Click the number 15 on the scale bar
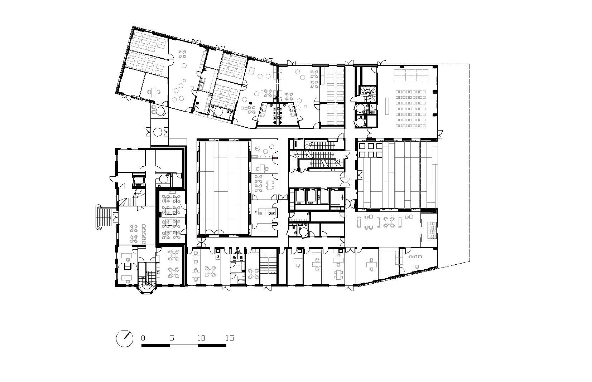tap(230, 338)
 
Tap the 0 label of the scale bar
tap(143, 338)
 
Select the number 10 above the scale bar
tap(201, 338)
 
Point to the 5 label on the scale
tap(172, 338)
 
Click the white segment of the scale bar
tap(184, 346)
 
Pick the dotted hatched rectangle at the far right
tap(432, 230)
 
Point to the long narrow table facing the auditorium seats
tap(387, 106)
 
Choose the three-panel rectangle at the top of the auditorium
tap(411, 75)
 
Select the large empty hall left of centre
tap(223, 188)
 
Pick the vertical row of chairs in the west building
tap(144, 234)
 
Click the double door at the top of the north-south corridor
tap(349, 63)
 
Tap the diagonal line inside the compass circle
tap(127, 336)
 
